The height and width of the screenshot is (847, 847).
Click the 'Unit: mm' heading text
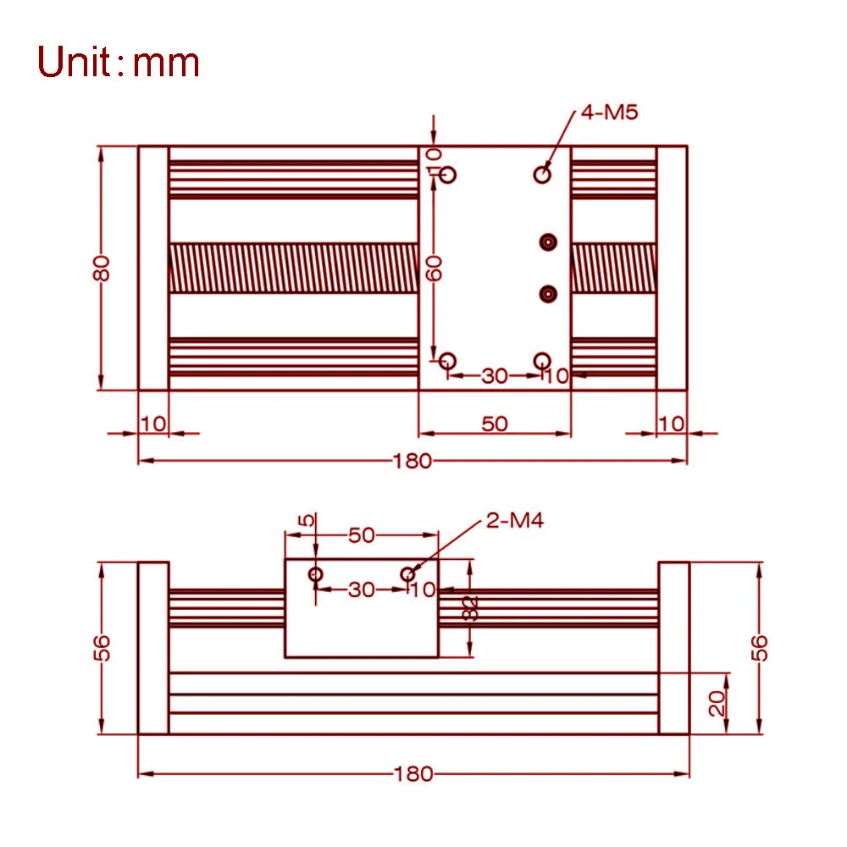point(119,64)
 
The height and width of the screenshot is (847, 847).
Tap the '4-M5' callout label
point(608,112)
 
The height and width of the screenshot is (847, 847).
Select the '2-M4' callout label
point(514,520)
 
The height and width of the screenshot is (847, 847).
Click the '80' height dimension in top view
point(102,268)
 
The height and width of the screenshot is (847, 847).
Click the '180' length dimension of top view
point(412,461)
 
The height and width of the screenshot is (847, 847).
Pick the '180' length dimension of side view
point(412,773)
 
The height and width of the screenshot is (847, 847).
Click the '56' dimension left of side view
point(102,648)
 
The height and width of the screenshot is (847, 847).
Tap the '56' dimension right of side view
point(760,648)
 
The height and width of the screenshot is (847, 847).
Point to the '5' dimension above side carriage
point(308,519)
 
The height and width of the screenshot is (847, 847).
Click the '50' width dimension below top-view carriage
point(495,423)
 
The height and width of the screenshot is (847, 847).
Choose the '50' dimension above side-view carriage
point(362,534)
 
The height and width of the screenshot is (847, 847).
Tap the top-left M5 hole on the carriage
point(448,174)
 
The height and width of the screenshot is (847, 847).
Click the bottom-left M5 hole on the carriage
point(448,361)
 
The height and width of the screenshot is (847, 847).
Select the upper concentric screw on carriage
point(549,242)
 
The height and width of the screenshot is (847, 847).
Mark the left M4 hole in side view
point(316,574)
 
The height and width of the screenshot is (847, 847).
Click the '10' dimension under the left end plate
point(153,423)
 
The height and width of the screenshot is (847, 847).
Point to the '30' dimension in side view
point(362,589)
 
